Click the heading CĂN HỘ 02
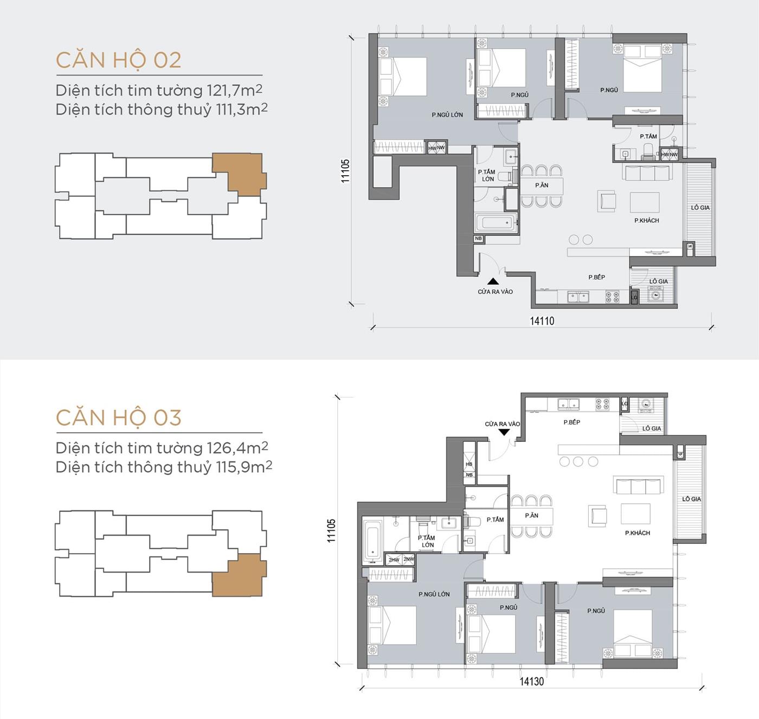(x=118, y=60)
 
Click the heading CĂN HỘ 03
(x=118, y=418)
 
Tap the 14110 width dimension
(x=542, y=321)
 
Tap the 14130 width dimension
(x=531, y=682)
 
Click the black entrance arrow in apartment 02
(x=493, y=281)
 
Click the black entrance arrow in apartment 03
(x=504, y=432)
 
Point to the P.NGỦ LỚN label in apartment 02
(x=447, y=115)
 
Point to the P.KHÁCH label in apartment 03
(x=637, y=533)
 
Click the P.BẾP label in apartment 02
(x=596, y=277)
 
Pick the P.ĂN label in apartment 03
(x=531, y=516)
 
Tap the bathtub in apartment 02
(x=496, y=223)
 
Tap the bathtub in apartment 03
(x=372, y=541)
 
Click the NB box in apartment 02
(x=478, y=239)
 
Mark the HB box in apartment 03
(x=469, y=464)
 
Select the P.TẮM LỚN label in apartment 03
(x=427, y=541)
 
